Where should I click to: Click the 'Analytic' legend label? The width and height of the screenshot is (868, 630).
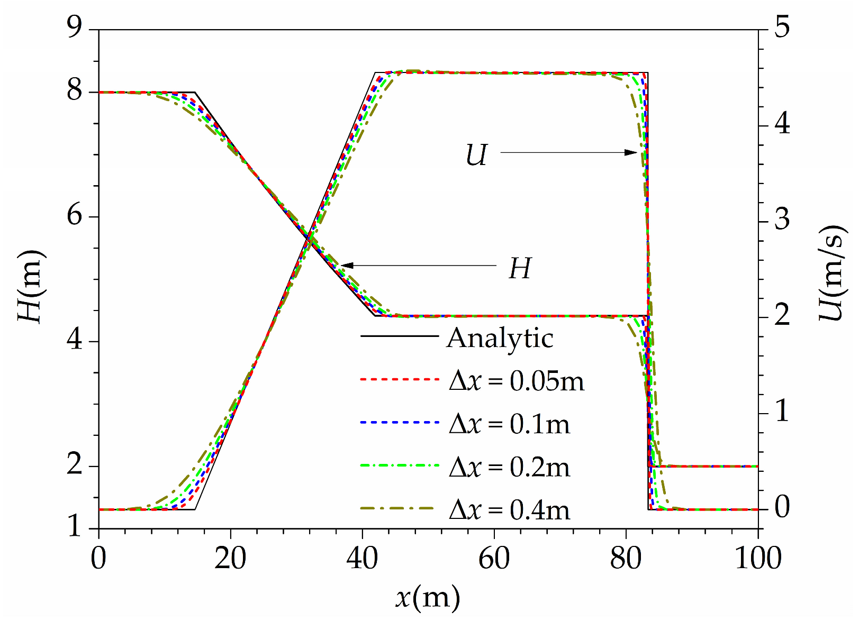[500, 337]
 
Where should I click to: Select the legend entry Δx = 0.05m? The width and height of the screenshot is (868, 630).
[516, 381]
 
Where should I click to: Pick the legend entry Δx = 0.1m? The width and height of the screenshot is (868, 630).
[509, 424]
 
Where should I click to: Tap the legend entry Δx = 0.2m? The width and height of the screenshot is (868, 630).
[509, 468]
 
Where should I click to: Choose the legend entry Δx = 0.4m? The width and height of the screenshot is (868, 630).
[509, 510]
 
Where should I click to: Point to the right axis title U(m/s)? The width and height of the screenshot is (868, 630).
[833, 273]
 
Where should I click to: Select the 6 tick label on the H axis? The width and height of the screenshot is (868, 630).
[74, 217]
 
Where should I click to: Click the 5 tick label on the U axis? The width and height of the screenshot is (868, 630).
[782, 26]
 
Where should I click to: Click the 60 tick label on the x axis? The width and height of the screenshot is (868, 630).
[494, 559]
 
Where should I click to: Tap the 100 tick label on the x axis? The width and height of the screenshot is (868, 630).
[758, 559]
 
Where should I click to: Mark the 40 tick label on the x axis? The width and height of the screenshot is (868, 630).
[362, 559]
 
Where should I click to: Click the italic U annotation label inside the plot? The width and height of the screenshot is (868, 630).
[476, 156]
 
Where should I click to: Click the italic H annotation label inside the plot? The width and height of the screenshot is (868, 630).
[519, 269]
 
